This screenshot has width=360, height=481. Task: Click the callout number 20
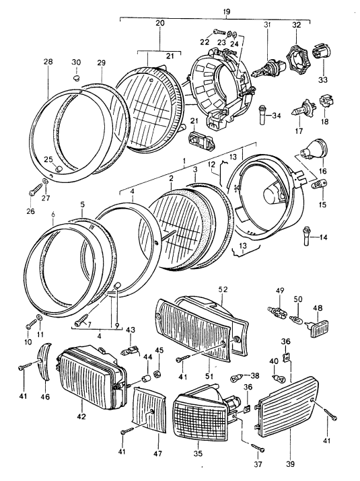click(x=159, y=24)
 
